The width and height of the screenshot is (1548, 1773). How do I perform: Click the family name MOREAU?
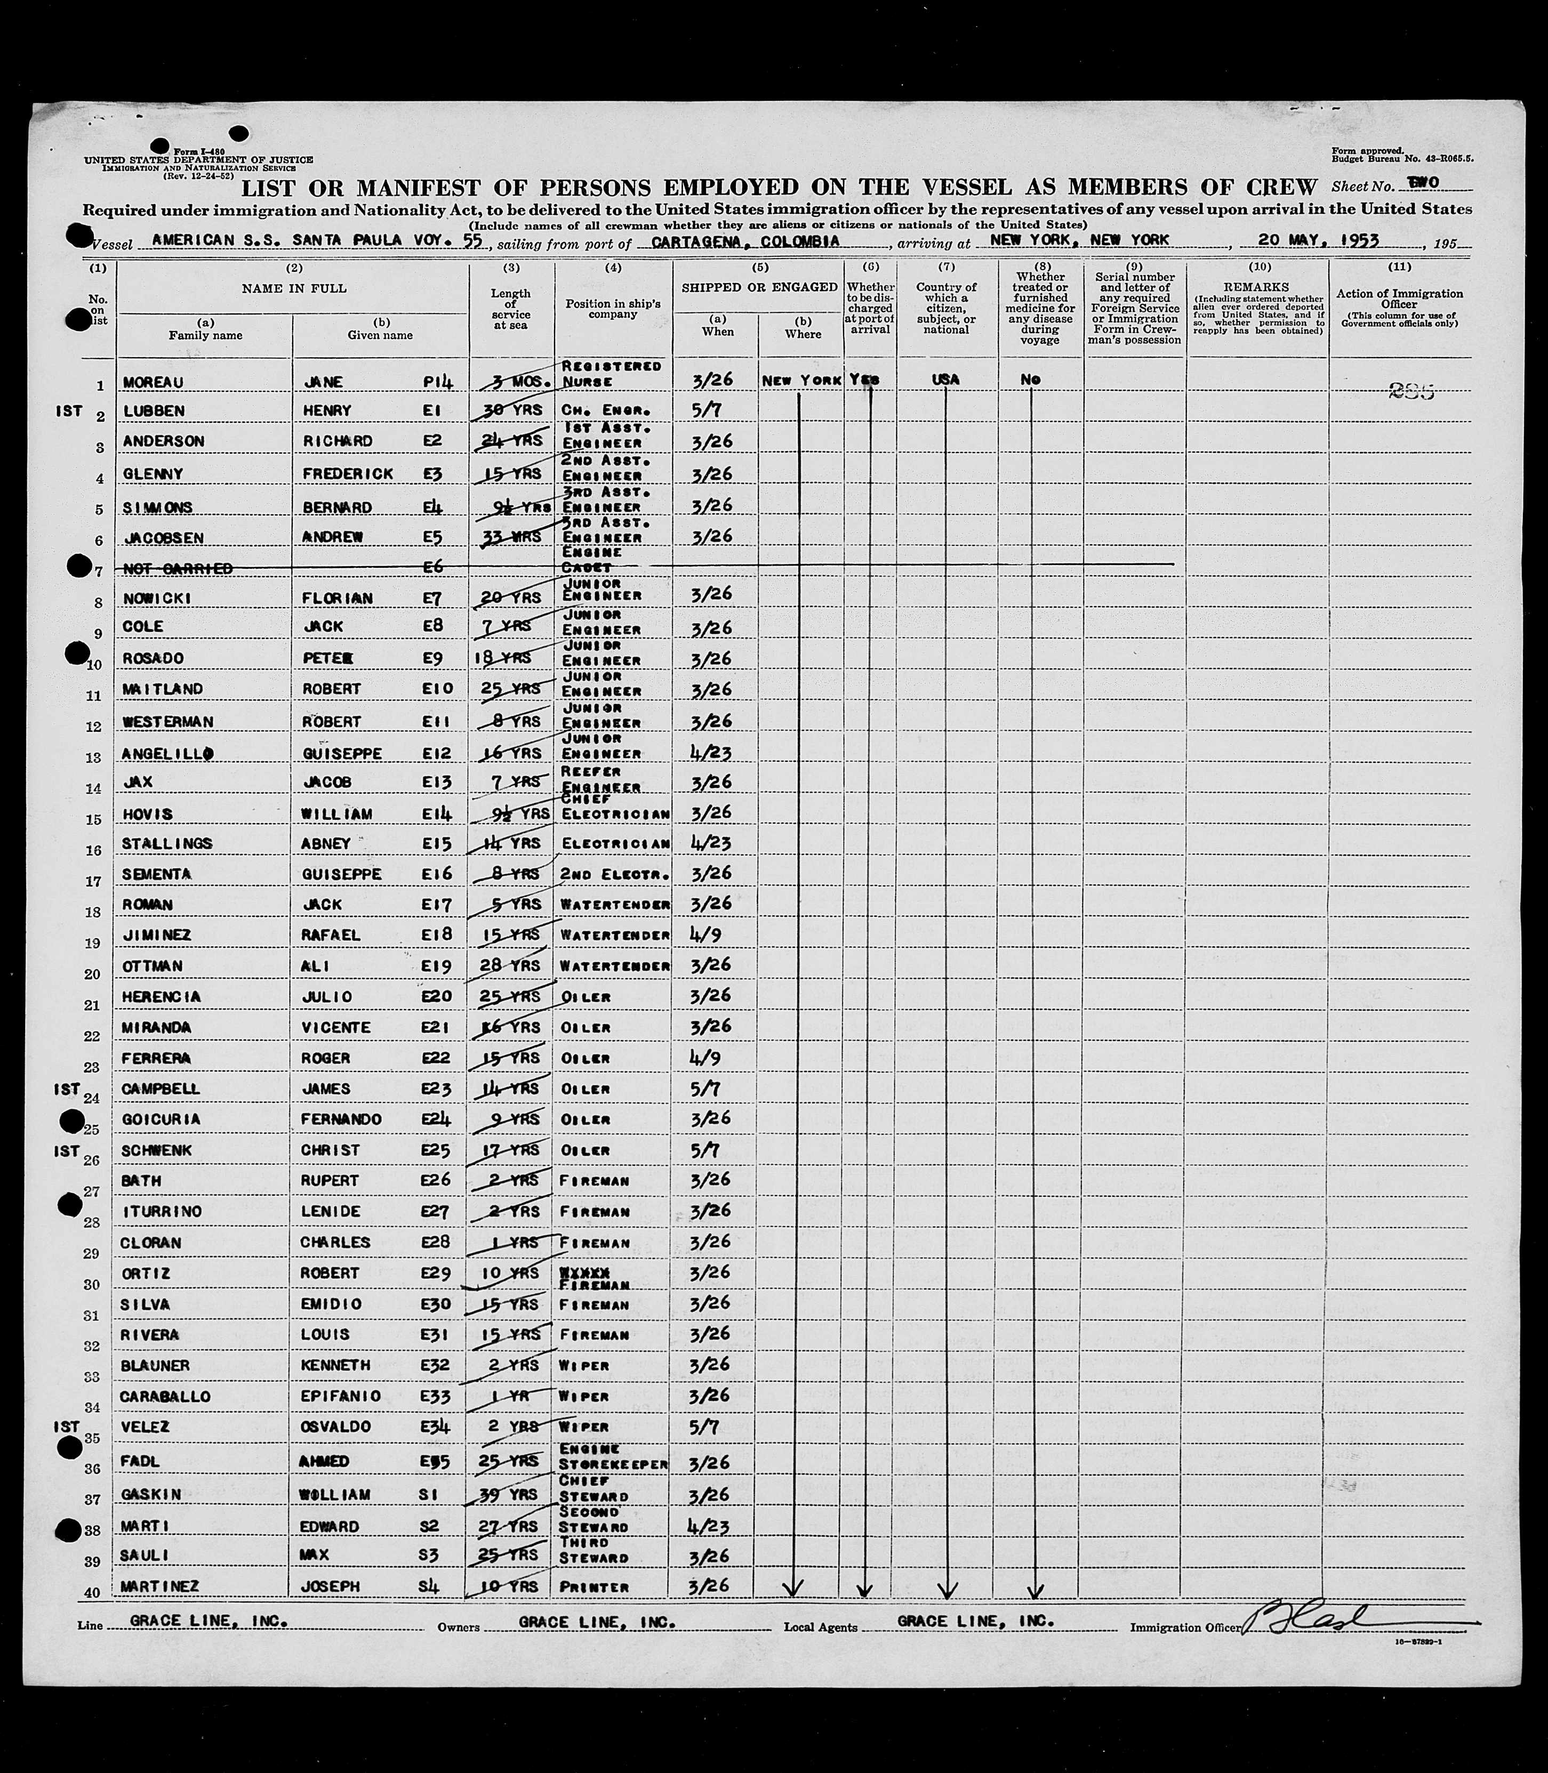tap(153, 382)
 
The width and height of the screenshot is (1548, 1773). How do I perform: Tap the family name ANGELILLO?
tap(167, 753)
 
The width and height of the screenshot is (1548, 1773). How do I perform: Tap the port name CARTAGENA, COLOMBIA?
tap(744, 242)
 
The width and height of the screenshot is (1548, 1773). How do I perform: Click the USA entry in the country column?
tap(946, 379)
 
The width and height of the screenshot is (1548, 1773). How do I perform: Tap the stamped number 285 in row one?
tap(1411, 392)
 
